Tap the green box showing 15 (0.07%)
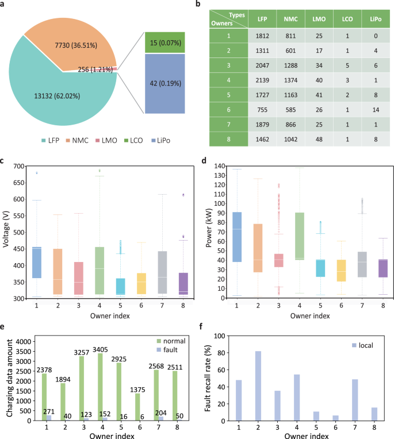click(165, 42)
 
